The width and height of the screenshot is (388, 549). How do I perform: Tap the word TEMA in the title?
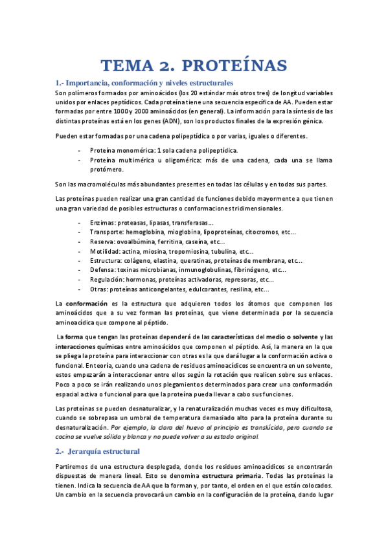pos(128,65)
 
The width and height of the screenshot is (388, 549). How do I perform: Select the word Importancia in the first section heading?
pos(89,83)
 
